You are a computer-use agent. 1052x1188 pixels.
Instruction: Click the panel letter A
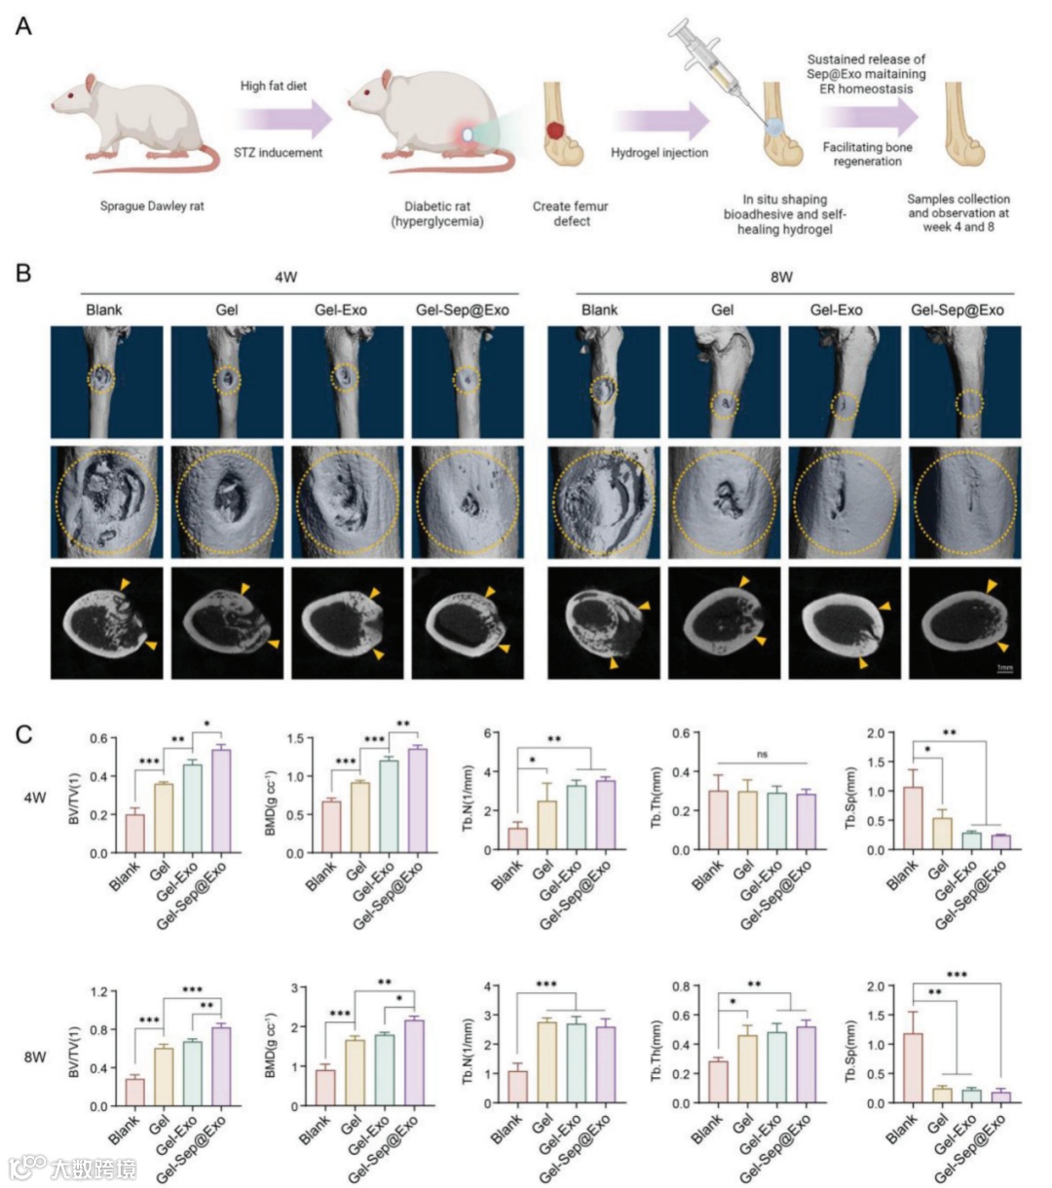pos(23,26)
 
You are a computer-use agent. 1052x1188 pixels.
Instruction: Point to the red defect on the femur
pos(554,129)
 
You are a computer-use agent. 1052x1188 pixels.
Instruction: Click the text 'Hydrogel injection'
pos(659,153)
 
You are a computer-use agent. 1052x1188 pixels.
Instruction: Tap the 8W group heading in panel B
pos(781,277)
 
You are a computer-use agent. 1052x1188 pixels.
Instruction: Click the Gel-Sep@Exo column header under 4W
pos(463,310)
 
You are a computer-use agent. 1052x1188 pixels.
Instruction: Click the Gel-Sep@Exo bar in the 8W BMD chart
pos(414,1062)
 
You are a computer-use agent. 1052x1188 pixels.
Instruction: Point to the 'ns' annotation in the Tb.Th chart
pos(762,754)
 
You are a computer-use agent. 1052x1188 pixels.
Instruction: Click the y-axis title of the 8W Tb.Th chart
pos(657,1046)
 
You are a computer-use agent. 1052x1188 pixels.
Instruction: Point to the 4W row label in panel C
pos(35,798)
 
